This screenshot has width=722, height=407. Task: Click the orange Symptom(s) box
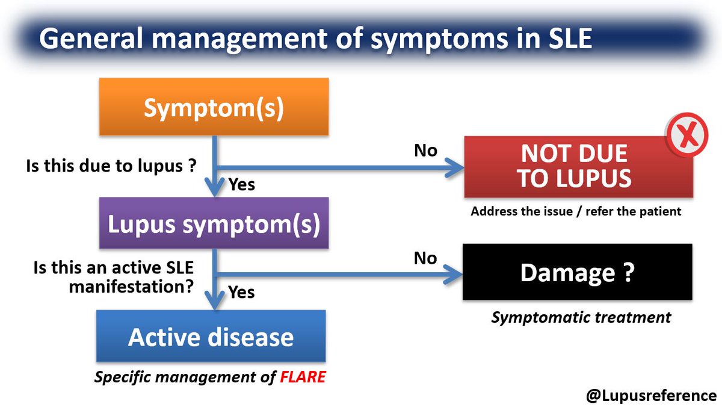[214, 107]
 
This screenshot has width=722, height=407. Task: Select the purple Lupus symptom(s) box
[214, 223]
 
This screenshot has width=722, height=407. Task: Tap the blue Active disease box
[211, 336]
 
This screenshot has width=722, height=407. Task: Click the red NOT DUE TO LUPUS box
[579, 166]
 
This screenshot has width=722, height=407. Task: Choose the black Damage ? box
[578, 272]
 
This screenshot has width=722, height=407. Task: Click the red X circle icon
[687, 134]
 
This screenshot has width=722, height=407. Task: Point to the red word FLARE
[303, 377]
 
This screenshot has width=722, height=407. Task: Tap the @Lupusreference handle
[651, 396]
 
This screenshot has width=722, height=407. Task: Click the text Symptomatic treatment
[581, 317]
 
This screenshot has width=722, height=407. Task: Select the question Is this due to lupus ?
[111, 166]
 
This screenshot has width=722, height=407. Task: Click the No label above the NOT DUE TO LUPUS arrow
[425, 151]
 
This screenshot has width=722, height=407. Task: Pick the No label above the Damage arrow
[425, 258]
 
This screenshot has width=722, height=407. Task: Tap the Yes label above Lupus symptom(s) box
[241, 184]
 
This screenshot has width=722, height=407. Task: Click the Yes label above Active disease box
[241, 292]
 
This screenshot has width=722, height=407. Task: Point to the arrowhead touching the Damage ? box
[453, 275]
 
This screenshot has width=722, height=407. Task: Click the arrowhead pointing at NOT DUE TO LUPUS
[454, 168]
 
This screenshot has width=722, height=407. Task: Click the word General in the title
[91, 38]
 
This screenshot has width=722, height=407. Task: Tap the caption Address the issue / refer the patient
[576, 211]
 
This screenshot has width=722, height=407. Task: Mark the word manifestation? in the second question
[131, 287]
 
